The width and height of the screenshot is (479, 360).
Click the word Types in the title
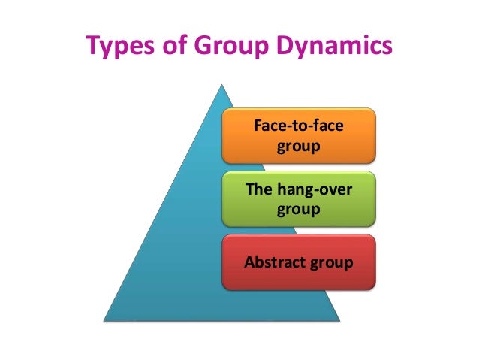(x=119, y=47)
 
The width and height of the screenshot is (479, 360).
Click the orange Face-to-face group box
(x=299, y=136)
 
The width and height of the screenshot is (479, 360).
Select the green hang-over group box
(x=299, y=198)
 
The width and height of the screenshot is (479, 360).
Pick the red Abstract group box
(x=299, y=262)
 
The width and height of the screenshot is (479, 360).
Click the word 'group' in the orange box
(x=299, y=145)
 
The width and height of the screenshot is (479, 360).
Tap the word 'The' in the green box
(x=259, y=189)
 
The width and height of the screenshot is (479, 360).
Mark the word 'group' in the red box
(x=332, y=263)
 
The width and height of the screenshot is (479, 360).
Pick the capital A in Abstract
(x=250, y=262)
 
